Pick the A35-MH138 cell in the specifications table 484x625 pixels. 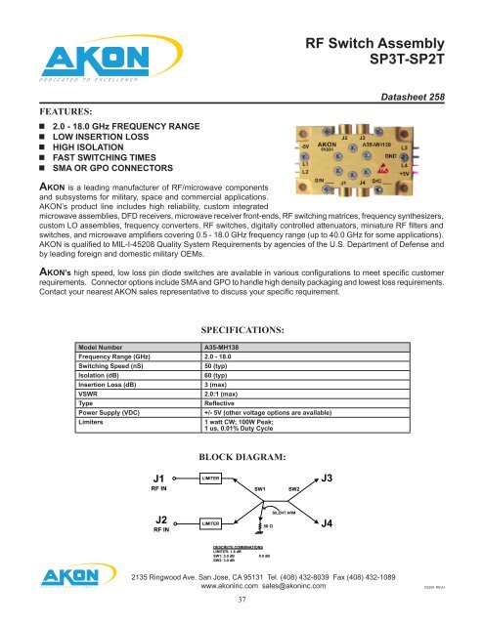click(x=226, y=374)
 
